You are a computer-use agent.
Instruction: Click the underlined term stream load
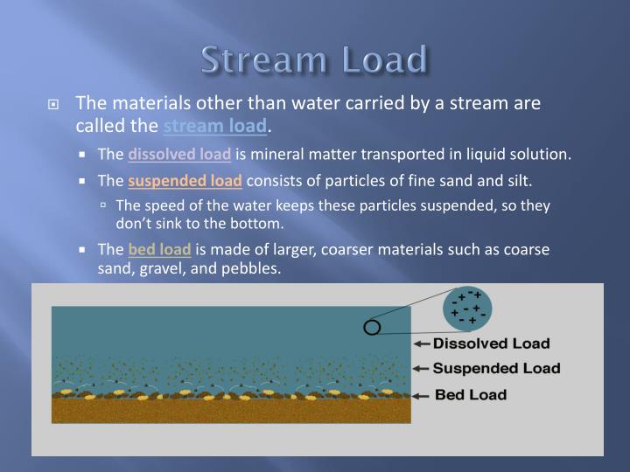[x=214, y=127]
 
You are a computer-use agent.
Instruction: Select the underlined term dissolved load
[x=179, y=155]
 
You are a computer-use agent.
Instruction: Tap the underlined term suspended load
[x=185, y=182]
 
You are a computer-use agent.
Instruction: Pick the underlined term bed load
[x=159, y=250]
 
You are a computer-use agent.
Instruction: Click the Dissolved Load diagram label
[x=492, y=344]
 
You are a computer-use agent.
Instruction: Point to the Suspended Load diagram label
[x=497, y=368]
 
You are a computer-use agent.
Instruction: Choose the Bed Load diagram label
[x=471, y=394]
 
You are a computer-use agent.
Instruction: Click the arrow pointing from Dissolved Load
[x=422, y=344]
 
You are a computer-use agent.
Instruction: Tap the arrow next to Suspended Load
[x=422, y=369]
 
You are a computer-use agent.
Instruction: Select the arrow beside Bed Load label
[x=422, y=395]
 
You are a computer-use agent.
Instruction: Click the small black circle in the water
[x=372, y=328]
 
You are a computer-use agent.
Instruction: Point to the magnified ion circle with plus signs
[x=468, y=308]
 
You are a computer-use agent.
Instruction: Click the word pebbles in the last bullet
[x=253, y=269]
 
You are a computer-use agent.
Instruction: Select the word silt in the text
[x=517, y=182]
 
